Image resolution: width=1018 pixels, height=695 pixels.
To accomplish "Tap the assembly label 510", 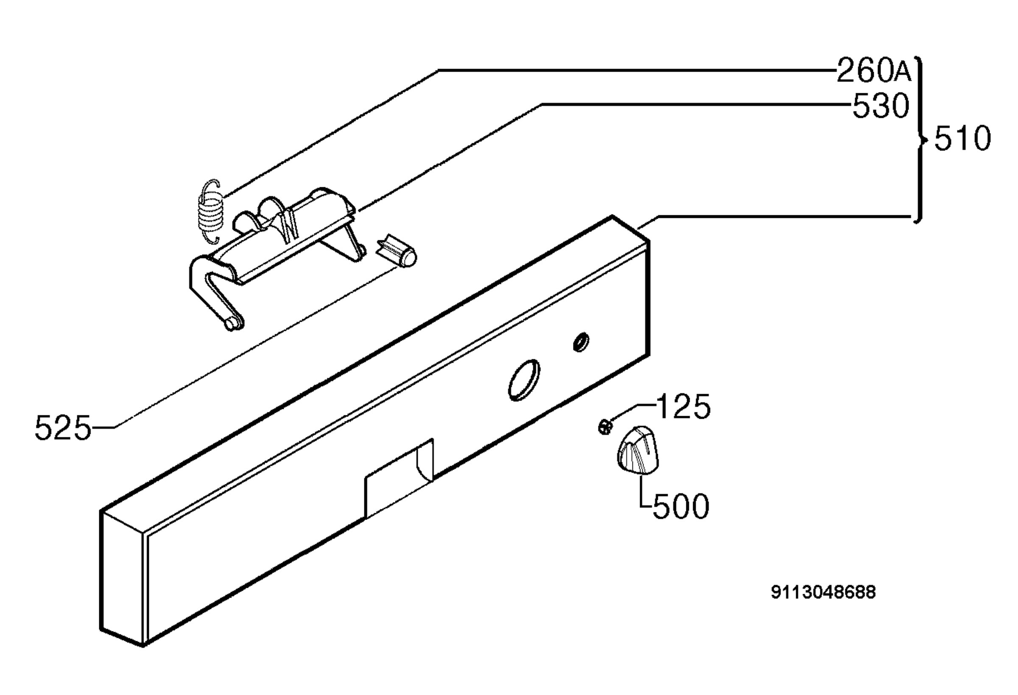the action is [x=962, y=139].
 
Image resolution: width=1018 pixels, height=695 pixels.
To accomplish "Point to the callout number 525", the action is [x=63, y=428].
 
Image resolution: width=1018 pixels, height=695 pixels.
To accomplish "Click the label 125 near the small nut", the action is [x=683, y=407].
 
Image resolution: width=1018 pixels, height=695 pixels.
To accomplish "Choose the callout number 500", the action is [x=681, y=506].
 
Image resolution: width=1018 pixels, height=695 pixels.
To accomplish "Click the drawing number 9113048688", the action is [x=823, y=592].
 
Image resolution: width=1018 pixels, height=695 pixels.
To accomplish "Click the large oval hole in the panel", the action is [x=524, y=380].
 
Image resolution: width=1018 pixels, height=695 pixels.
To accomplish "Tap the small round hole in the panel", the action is [x=581, y=342].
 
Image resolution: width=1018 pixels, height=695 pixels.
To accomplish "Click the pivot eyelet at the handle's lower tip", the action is [x=234, y=323].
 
